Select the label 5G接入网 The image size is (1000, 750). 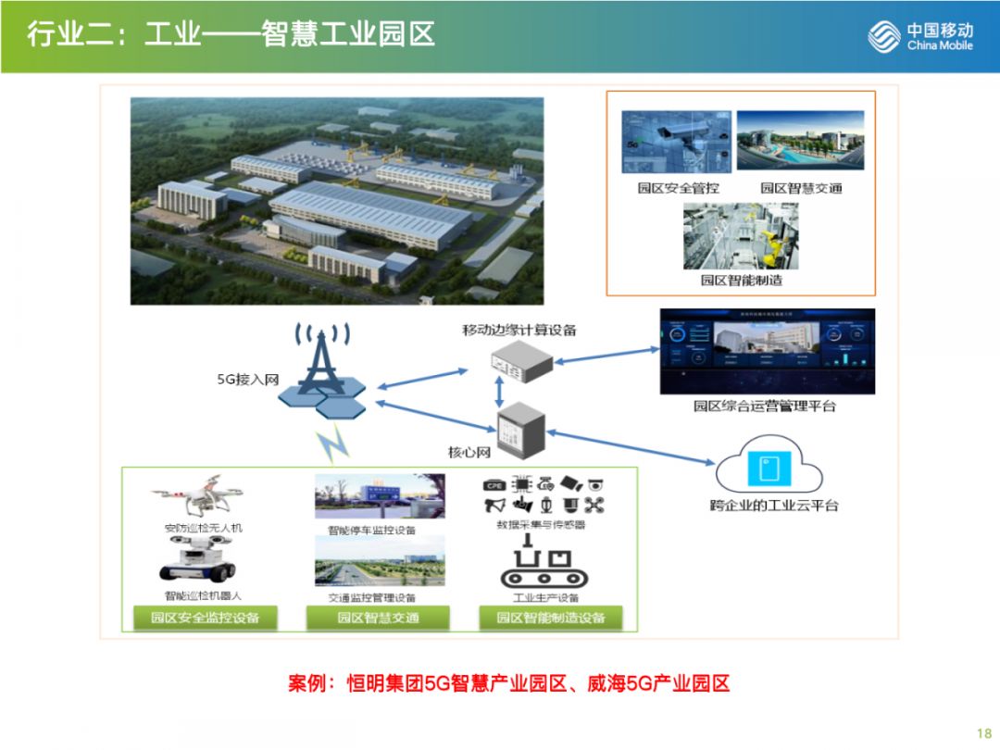click(247, 380)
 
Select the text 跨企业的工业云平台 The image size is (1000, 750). click(773, 506)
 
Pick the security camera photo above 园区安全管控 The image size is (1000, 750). click(676, 141)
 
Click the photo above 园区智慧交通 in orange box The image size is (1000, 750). click(800, 141)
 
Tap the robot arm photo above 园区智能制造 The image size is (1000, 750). click(740, 235)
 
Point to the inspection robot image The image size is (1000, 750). click(197, 565)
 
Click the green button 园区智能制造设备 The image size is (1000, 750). click(550, 618)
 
